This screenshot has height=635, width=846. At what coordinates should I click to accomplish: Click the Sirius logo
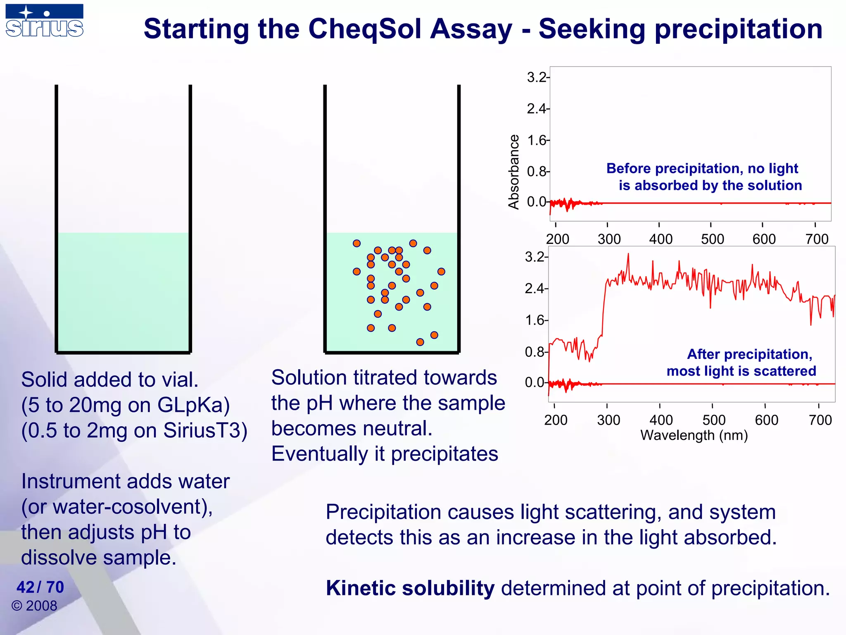pyautogui.click(x=44, y=21)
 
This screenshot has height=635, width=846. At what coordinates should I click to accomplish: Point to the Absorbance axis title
pyautogui.click(x=513, y=172)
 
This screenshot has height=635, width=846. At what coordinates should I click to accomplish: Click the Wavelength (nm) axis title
pyautogui.click(x=694, y=435)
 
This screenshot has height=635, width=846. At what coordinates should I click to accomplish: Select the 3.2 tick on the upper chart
pyautogui.click(x=537, y=77)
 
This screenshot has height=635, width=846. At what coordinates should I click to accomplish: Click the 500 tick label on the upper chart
pyautogui.click(x=712, y=239)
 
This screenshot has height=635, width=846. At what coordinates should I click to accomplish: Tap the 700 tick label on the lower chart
pyautogui.click(x=820, y=420)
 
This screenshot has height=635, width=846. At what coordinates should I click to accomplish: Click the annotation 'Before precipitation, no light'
pyautogui.click(x=702, y=169)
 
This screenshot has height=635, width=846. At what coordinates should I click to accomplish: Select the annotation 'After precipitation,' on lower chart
pyautogui.click(x=749, y=354)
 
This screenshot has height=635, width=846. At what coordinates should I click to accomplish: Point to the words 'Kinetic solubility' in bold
pyautogui.click(x=410, y=588)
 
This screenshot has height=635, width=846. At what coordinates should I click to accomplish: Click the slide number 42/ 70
pyautogui.click(x=40, y=587)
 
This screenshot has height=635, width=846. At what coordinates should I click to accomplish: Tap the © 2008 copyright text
pyautogui.click(x=34, y=606)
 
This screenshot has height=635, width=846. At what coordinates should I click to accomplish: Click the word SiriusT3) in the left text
pyautogui.click(x=205, y=430)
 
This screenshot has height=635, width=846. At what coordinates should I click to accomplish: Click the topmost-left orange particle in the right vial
pyautogui.click(x=357, y=243)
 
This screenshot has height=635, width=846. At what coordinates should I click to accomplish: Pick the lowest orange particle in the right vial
pyautogui.click(x=420, y=342)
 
